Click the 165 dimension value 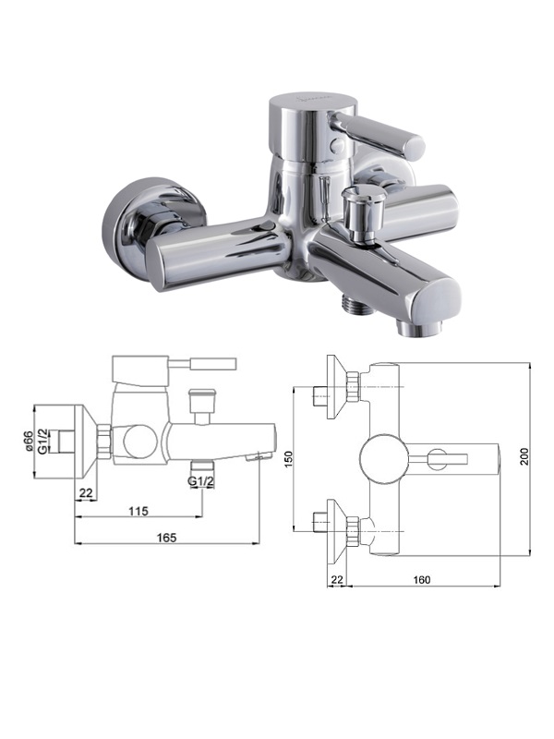[167, 538]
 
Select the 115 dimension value [138, 511]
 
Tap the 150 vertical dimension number [288, 459]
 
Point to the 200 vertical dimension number [524, 456]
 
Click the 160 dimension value [421, 580]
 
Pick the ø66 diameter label [29, 442]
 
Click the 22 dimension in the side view [85, 493]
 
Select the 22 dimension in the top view [337, 580]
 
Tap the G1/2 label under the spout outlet [200, 481]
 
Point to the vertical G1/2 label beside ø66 [42, 442]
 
